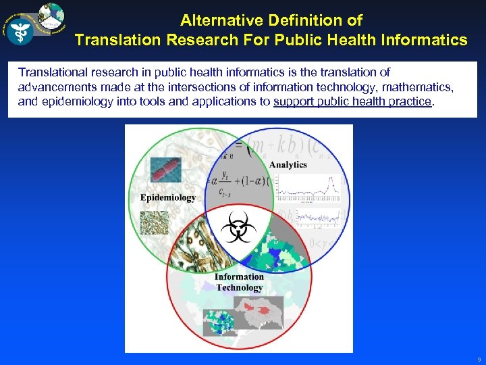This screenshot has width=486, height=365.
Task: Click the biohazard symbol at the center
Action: click(x=238, y=226)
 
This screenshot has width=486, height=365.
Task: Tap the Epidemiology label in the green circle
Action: click(x=168, y=197)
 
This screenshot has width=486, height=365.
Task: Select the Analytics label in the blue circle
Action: click(x=288, y=164)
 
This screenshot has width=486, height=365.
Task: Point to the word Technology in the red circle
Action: click(x=240, y=287)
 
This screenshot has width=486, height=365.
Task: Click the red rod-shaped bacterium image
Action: click(x=166, y=170)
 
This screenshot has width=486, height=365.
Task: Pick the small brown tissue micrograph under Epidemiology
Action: click(x=154, y=222)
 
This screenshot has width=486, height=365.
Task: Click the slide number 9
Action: click(x=479, y=360)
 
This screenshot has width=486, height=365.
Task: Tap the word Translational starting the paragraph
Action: click(x=51, y=72)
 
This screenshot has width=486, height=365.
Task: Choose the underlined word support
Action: click(x=294, y=101)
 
